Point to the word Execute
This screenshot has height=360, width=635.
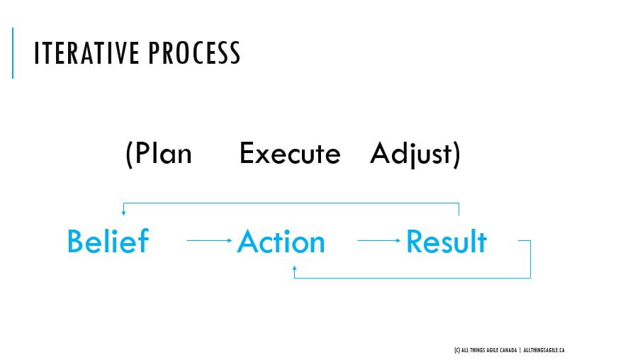pyautogui.click(x=290, y=154)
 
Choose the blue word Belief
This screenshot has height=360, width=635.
pyautogui.click(x=108, y=242)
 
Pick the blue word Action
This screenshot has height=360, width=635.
pyautogui.click(x=281, y=242)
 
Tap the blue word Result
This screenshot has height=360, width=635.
pyautogui.click(x=446, y=242)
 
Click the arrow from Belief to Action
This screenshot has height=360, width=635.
pyautogui.click(x=209, y=241)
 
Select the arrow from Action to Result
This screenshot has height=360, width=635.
pyautogui.click(x=379, y=241)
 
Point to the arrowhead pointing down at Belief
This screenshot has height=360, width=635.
pyautogui.click(x=123, y=212)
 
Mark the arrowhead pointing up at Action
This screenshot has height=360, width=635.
pyautogui.click(x=294, y=270)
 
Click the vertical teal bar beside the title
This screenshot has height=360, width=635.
pyautogui.click(x=13, y=52)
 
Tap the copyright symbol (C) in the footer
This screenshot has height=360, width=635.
pyautogui.click(x=456, y=350)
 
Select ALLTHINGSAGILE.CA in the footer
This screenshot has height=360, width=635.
pyautogui.click(x=544, y=350)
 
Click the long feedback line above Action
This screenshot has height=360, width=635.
pyautogui.click(x=291, y=203)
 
